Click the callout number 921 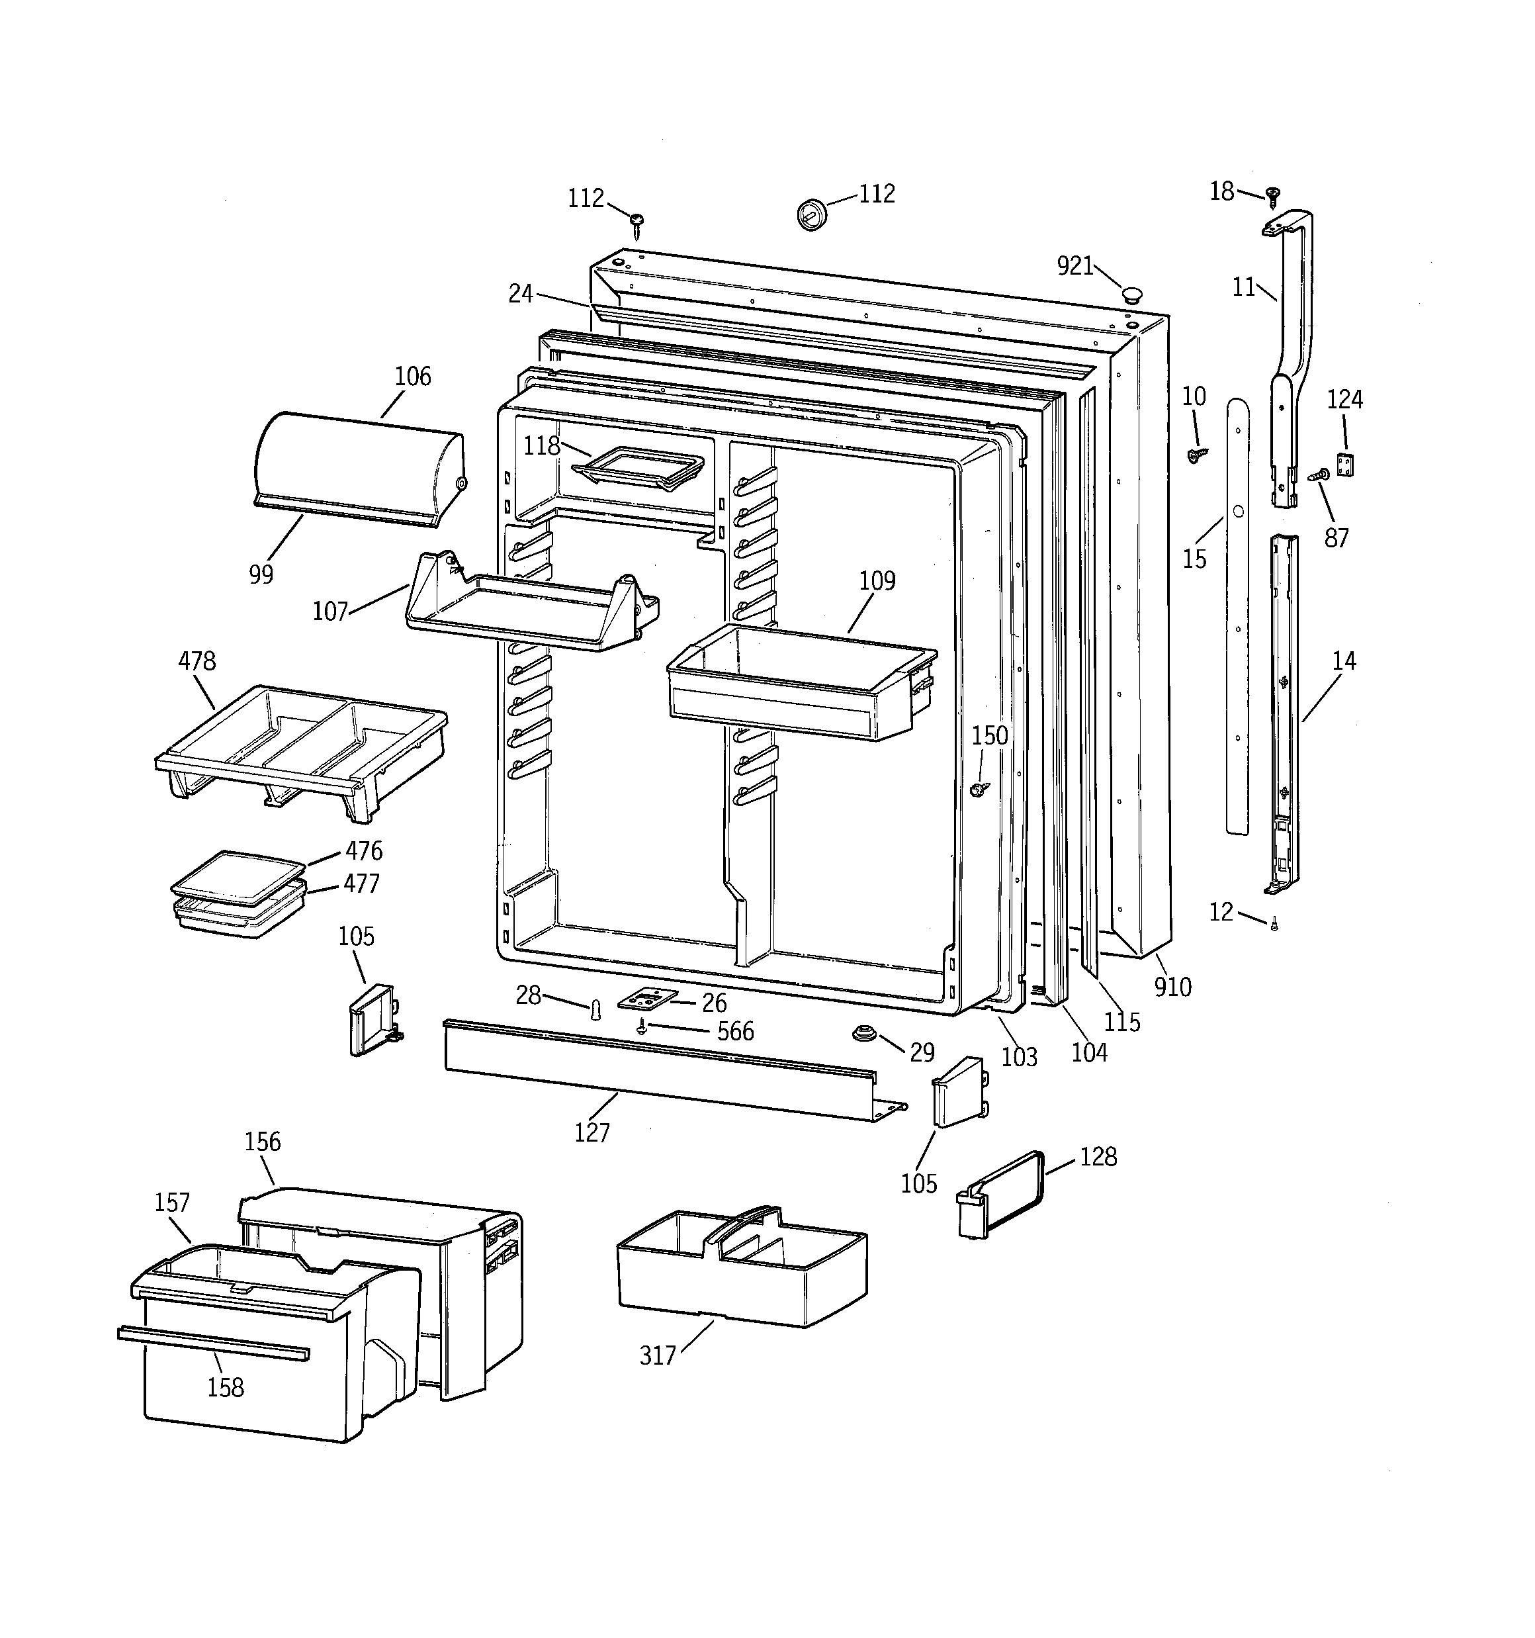(1074, 265)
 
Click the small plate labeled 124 (1346, 465)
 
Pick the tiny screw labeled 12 (1274, 924)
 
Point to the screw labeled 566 (642, 1026)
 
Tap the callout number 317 (658, 1355)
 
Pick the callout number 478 (197, 660)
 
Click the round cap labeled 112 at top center (812, 214)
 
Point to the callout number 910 (1172, 987)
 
